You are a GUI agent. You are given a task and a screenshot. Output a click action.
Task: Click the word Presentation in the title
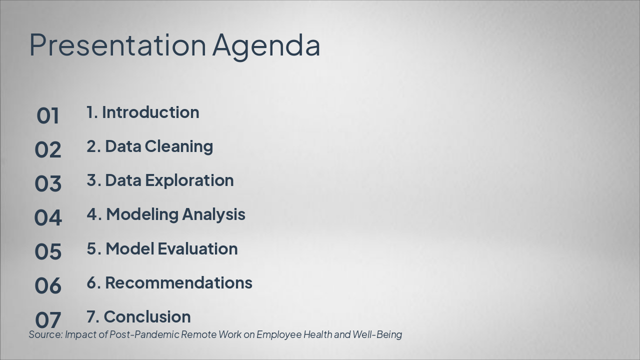click(117, 45)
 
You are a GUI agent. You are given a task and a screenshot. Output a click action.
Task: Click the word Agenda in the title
click(266, 46)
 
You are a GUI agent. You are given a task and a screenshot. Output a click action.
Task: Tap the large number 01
click(48, 116)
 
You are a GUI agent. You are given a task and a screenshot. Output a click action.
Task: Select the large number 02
click(48, 150)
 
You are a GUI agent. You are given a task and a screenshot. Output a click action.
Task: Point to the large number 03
click(48, 184)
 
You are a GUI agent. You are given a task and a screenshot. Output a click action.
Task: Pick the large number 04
click(48, 218)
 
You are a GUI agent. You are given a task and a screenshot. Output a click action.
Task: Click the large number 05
click(48, 252)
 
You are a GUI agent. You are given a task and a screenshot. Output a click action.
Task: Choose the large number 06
click(48, 286)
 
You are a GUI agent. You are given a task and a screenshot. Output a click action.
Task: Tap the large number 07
click(48, 319)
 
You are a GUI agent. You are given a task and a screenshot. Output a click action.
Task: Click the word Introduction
click(150, 112)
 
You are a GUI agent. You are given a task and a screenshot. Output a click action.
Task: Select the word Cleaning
click(178, 146)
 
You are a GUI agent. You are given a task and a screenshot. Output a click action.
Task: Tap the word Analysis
click(213, 214)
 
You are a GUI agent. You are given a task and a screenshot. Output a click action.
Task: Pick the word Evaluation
click(197, 248)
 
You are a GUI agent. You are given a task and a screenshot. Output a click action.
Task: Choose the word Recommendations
click(178, 282)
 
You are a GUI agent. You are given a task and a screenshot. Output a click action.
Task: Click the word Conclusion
click(147, 316)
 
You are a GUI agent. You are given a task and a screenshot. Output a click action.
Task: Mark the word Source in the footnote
click(45, 334)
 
